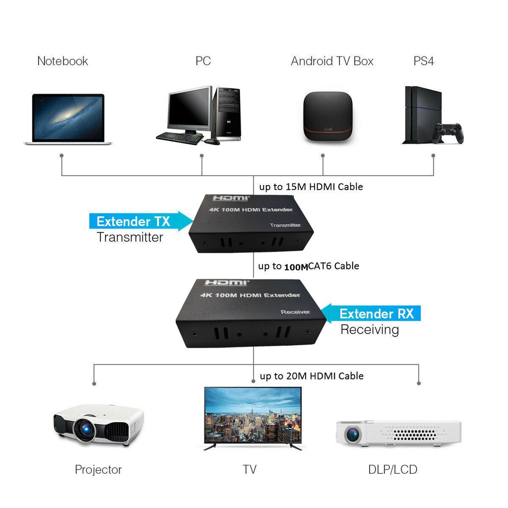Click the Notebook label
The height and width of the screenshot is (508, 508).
[63, 61]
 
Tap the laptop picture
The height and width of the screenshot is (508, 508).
[68, 119]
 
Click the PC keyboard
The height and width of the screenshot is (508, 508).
[179, 137]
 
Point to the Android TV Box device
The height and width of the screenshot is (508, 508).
[327, 117]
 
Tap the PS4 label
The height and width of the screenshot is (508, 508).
[424, 61]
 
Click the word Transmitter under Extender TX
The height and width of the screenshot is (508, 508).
[130, 237]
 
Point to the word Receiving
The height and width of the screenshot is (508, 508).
[370, 329]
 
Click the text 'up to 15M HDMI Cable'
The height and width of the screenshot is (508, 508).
[311, 187]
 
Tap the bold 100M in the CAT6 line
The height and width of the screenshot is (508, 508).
[296, 267]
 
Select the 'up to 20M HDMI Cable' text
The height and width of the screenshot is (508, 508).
[312, 376]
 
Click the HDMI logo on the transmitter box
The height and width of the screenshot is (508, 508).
[230, 198]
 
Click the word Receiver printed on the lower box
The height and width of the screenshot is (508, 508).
[295, 312]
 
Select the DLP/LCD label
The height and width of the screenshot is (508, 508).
[392, 469]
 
